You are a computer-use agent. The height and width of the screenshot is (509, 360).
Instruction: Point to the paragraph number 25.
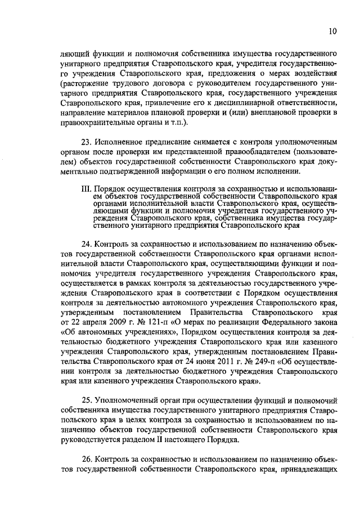85,401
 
